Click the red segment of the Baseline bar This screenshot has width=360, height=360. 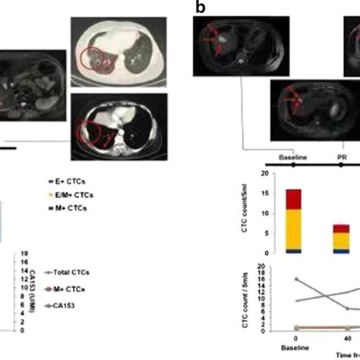tap(293, 200)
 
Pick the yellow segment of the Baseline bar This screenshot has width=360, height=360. tap(293, 229)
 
